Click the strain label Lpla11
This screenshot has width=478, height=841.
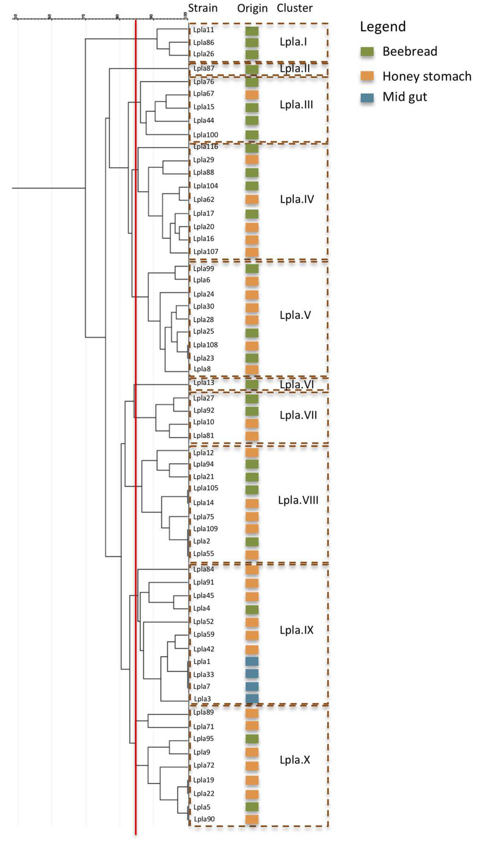pyautogui.click(x=204, y=30)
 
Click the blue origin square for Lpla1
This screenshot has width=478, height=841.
pyautogui.click(x=252, y=661)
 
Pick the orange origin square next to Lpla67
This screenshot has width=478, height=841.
pyautogui.click(x=252, y=95)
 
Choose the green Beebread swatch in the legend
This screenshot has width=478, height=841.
pyautogui.click(x=367, y=52)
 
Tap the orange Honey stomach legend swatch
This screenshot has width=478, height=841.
pyautogui.click(x=367, y=76)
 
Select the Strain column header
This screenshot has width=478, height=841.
pyautogui.click(x=203, y=8)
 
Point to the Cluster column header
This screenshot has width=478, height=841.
pyautogui.click(x=295, y=8)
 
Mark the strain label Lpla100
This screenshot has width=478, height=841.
pyautogui.click(x=205, y=135)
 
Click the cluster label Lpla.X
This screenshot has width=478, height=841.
pyautogui.click(x=295, y=760)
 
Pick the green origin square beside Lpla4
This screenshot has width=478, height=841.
pyautogui.click(x=252, y=610)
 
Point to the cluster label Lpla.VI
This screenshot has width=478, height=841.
pyautogui.click(x=296, y=384)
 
